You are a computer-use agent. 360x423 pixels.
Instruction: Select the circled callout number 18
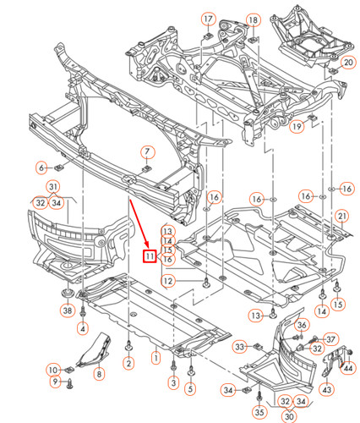point(253,19)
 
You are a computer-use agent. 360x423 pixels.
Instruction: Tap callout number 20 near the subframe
point(348,63)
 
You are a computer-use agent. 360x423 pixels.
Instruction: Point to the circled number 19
point(297,127)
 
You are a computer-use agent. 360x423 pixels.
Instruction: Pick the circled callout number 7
point(146,152)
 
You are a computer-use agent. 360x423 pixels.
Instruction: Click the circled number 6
point(41,166)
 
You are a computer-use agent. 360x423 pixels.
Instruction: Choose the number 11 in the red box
point(149,257)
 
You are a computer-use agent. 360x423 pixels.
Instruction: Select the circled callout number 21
point(341,217)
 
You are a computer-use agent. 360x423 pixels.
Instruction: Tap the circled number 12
point(168,281)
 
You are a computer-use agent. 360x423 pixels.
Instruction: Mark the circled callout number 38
point(67,310)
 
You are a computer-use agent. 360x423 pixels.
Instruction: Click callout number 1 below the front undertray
point(155,358)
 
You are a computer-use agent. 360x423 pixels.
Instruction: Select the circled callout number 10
point(52,370)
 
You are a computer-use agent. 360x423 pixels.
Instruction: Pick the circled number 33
point(240,346)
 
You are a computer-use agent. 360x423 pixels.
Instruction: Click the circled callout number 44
point(348,366)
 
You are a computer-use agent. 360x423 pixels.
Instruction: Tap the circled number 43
point(327,390)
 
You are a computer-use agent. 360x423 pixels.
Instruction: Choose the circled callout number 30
point(289,415)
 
